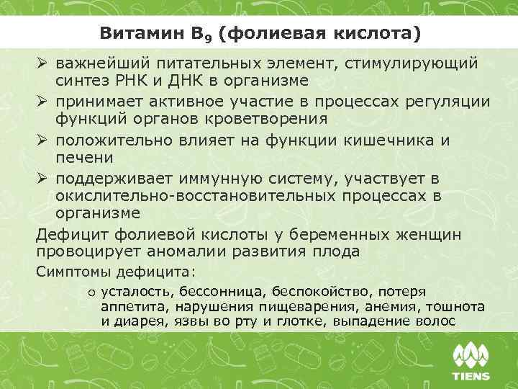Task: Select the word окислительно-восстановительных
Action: pos(186,195)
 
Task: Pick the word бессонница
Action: pos(230,292)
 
